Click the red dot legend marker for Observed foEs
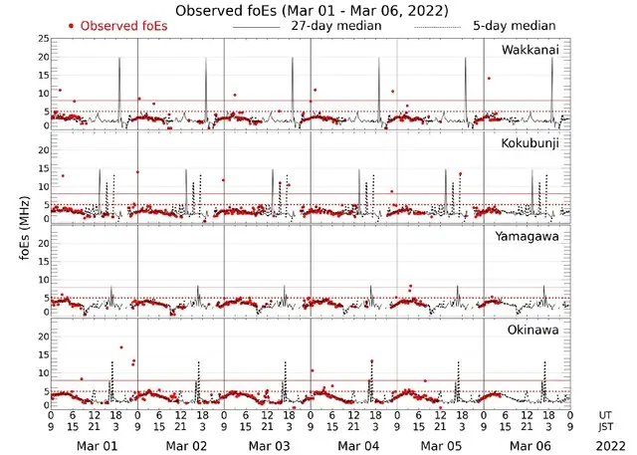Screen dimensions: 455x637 (x=72, y=25)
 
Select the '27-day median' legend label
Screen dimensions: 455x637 (x=335, y=25)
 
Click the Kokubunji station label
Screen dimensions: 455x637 (x=534, y=144)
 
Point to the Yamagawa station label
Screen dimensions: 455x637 (x=532, y=237)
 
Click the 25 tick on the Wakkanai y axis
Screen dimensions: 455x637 (x=43, y=39)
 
